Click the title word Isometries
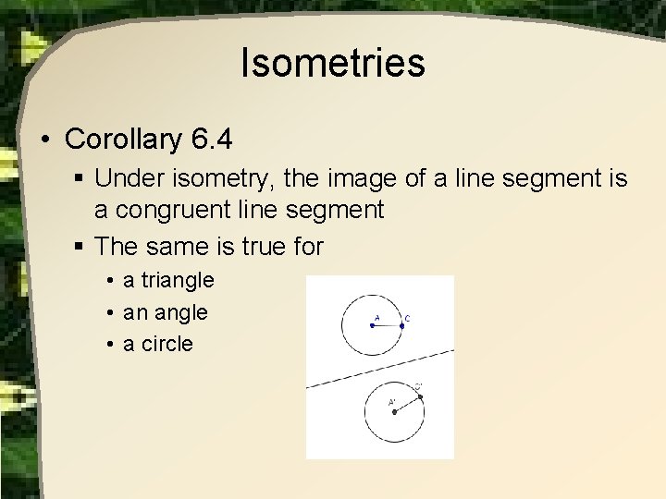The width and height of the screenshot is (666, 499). tap(332, 64)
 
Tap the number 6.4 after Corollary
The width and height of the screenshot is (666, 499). tap(213, 140)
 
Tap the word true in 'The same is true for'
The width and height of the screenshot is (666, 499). tap(259, 246)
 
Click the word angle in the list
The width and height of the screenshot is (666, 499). tap(179, 313)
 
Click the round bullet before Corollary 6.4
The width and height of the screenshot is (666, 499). tap(45, 141)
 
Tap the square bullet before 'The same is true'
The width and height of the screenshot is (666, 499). tap(80, 247)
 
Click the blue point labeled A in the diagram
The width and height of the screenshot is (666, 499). tap(373, 325)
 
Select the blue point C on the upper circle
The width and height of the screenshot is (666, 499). tap(402, 325)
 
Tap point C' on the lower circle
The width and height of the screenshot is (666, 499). tap(420, 396)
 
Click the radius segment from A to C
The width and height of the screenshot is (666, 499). tap(388, 325)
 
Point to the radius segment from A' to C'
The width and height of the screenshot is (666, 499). tap(408, 404)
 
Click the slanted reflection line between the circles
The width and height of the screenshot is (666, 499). tap(380, 369)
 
